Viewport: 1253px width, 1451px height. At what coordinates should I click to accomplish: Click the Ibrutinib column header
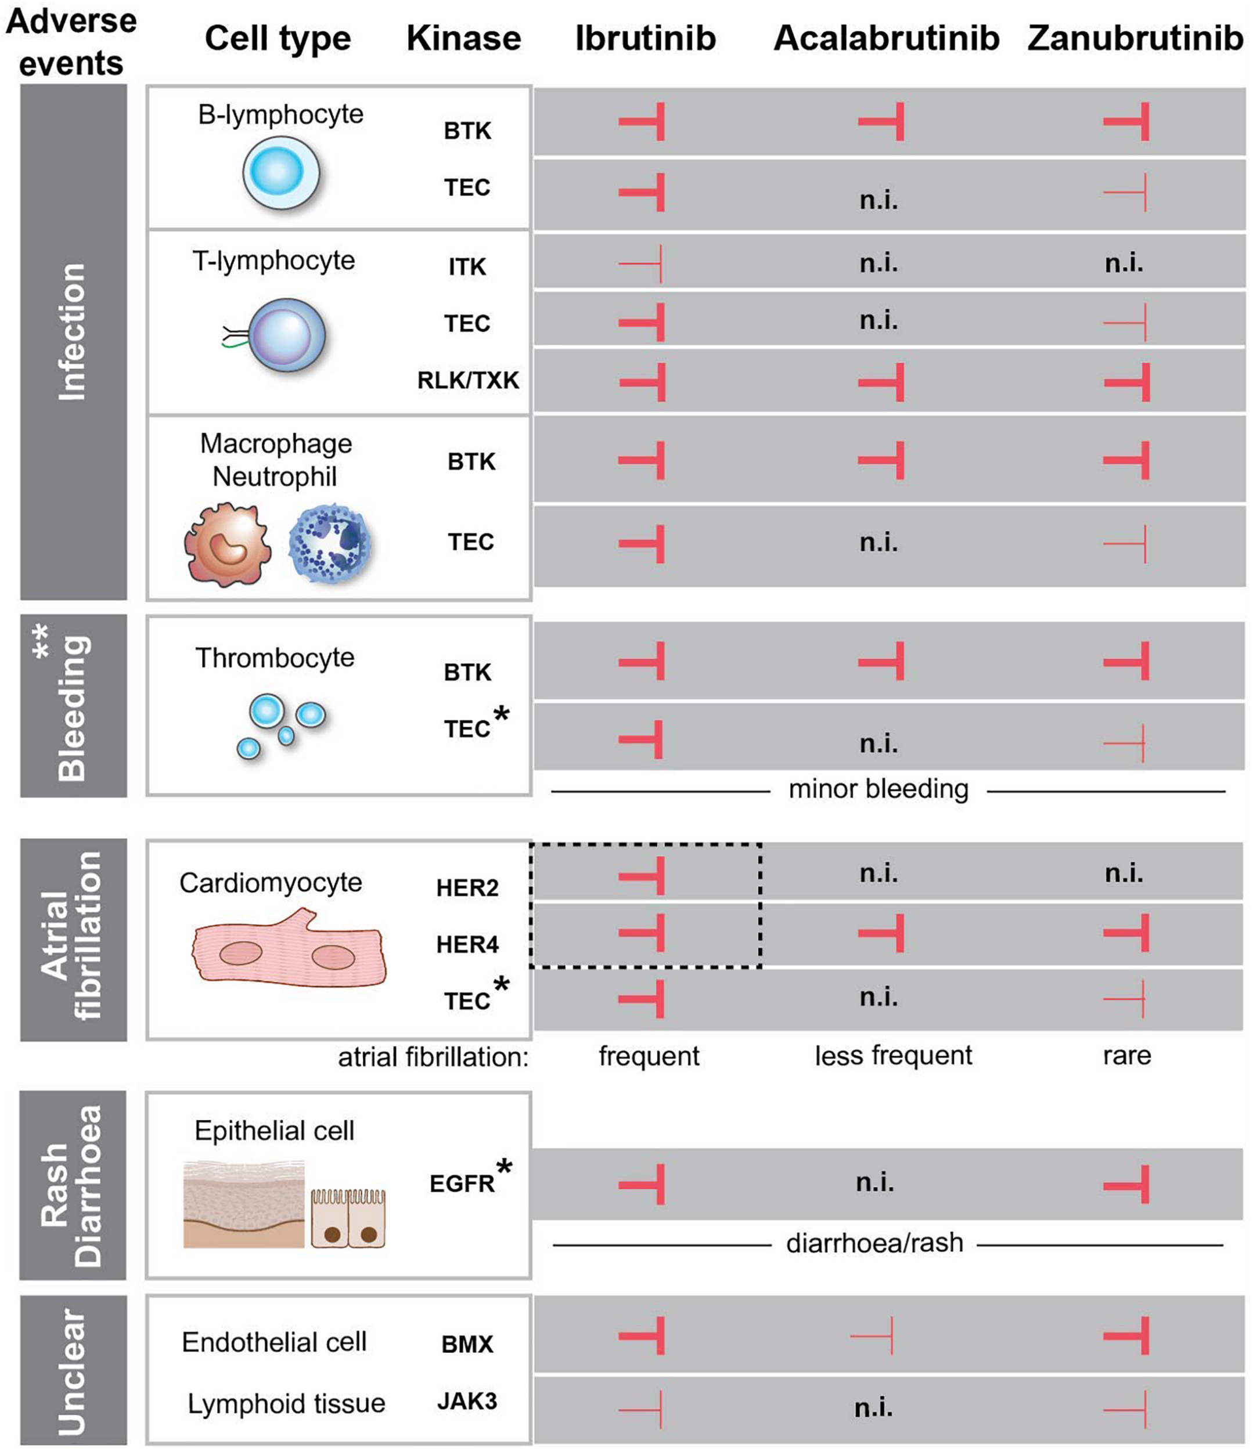pos(645,38)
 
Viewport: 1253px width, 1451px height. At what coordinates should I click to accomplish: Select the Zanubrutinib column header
pos(1135,38)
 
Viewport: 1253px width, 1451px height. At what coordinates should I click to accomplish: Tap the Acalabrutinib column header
pos(886,38)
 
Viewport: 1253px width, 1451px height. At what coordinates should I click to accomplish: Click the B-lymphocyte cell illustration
pos(281,173)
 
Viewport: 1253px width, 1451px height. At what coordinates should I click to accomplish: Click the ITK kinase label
pos(467,267)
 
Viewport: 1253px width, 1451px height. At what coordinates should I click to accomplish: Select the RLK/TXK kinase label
pos(468,380)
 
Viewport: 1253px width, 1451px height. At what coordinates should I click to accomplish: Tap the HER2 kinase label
pos(467,888)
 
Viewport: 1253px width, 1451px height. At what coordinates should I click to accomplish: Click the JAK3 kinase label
pos(467,1401)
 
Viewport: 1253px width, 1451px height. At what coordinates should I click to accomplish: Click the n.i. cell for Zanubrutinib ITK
pos(1124,264)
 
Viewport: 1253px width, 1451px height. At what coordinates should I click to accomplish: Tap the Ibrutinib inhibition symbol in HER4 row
pos(643,933)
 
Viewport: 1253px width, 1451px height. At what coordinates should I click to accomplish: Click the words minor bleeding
pos(878,789)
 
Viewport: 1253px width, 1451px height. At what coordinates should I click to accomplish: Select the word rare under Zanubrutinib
pos(1126,1055)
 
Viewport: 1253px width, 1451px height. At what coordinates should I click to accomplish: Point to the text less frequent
pos(893,1055)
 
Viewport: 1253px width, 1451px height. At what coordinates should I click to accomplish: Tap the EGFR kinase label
pos(462,1183)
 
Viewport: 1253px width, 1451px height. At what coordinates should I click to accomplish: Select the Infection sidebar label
pos(73,333)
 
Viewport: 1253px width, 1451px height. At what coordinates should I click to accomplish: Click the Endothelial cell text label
pos(274,1342)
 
